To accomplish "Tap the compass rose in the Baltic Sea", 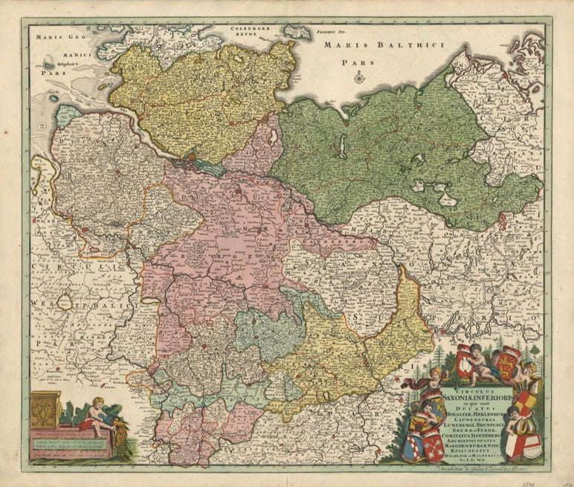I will (x=359, y=77).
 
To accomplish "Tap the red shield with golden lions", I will (x=509, y=364).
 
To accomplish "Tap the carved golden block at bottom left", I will (x=46, y=410).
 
